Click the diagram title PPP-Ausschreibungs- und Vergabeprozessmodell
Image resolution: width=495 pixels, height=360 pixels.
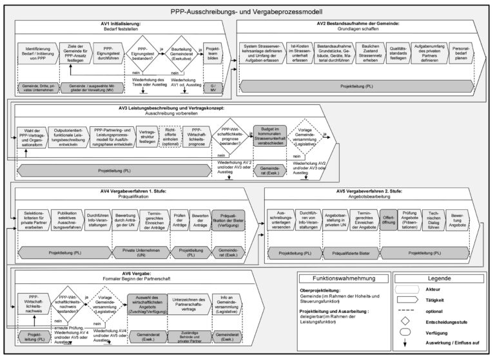click(247, 11)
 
